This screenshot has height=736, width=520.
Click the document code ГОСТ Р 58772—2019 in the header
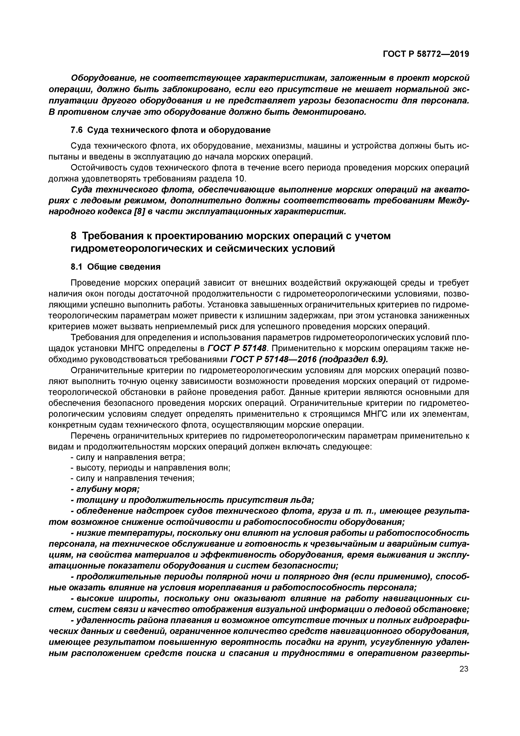point(426,54)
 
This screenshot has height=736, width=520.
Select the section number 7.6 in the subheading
point(77,130)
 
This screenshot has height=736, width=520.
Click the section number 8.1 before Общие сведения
point(77,267)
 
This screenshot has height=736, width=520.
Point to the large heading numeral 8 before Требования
point(74,236)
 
